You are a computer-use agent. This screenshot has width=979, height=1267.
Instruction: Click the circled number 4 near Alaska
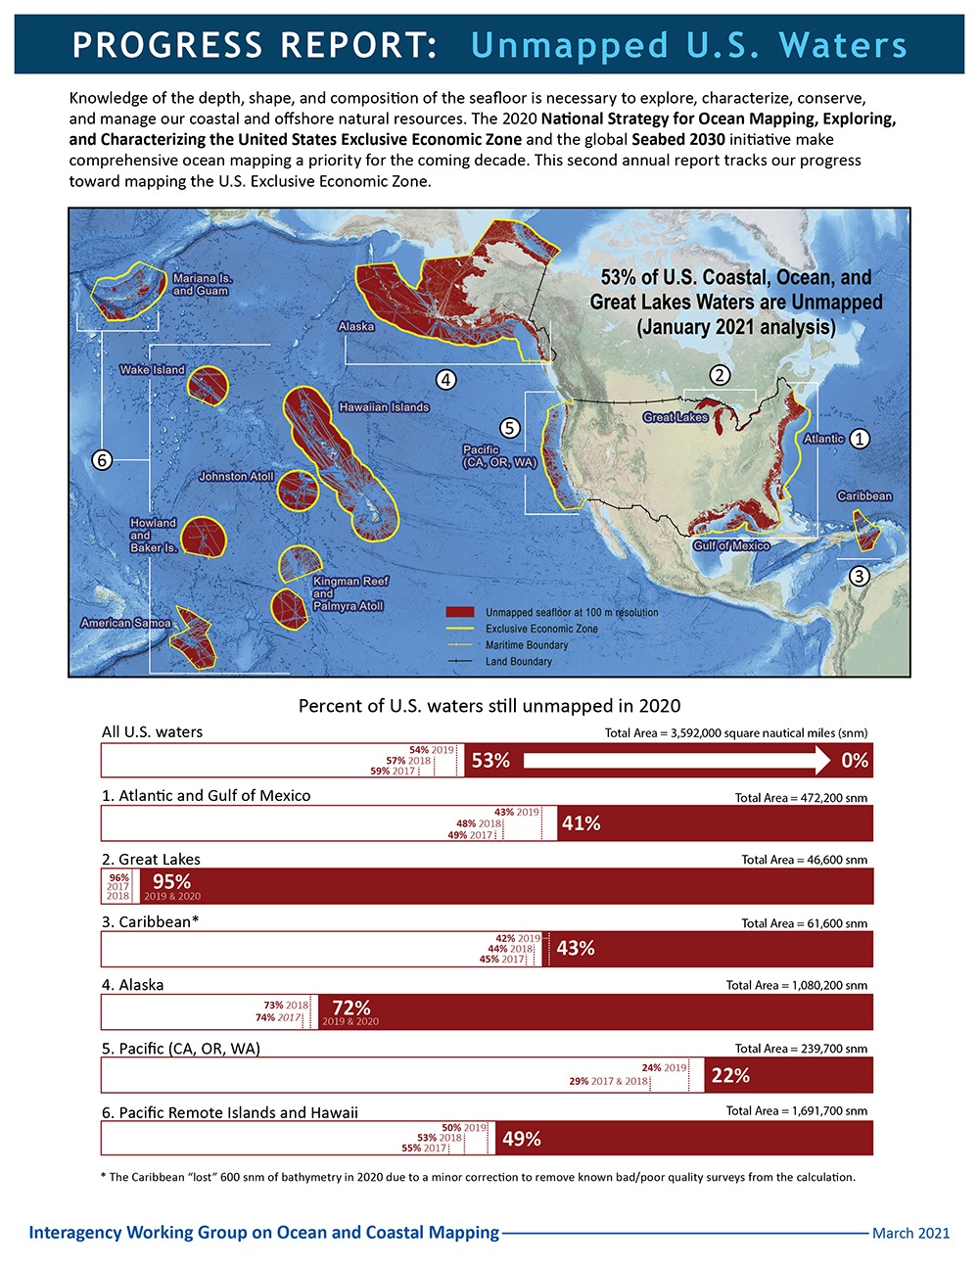coord(446,379)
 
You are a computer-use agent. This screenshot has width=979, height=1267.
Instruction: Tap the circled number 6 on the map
coord(102,460)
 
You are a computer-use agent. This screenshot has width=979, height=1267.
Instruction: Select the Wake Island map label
coord(152,370)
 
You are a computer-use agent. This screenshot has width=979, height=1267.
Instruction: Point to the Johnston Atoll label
coord(236,477)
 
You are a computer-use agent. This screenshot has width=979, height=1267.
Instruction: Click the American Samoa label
coord(125,623)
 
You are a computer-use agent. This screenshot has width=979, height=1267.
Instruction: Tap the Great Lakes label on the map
coord(676,417)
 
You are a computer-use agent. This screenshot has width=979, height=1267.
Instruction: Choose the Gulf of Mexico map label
coord(731,545)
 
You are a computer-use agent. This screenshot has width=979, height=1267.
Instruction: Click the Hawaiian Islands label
coord(384,406)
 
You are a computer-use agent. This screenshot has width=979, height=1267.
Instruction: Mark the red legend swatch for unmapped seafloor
coord(459,612)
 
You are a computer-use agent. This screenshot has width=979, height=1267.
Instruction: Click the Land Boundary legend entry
coord(518,662)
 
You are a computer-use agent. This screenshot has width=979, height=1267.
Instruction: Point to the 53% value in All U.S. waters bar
coord(490,761)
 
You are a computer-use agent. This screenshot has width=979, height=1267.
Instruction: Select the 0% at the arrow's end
coord(854,761)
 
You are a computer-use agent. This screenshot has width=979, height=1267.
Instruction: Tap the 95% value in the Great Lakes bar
coord(171,882)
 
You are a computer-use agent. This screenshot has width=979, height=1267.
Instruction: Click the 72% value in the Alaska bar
coord(350,1008)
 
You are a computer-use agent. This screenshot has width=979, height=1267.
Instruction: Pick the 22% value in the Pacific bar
coord(730,1075)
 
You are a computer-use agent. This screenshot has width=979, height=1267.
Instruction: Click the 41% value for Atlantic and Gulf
coord(581,823)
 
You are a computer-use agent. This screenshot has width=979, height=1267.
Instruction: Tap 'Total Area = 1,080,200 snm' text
coord(796,986)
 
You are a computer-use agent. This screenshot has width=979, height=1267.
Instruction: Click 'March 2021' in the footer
coord(910,1233)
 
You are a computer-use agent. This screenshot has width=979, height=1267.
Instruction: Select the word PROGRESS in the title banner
coord(166,45)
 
